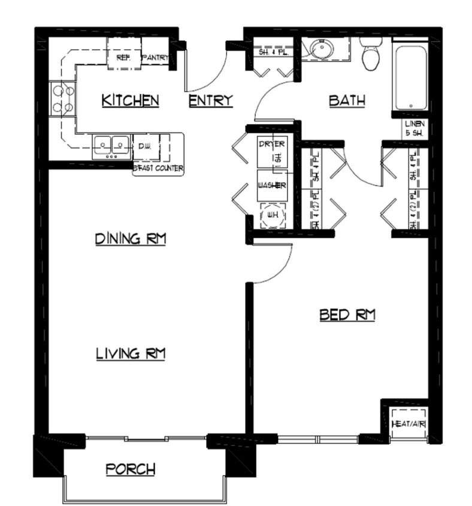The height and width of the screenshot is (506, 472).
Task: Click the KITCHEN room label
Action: pyautogui.click(x=130, y=100)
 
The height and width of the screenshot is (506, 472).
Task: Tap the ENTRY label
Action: pyautogui.click(x=210, y=100)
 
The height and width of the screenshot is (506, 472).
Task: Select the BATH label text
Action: pyautogui.click(x=347, y=101)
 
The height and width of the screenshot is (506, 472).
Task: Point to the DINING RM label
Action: pyautogui.click(x=130, y=239)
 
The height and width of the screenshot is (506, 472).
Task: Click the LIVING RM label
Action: pyautogui.click(x=130, y=354)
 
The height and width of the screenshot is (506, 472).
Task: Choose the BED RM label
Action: pyautogui.click(x=347, y=314)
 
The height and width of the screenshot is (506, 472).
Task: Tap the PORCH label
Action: pyautogui.click(x=131, y=468)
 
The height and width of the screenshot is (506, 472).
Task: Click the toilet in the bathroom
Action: pyautogui.click(x=371, y=55)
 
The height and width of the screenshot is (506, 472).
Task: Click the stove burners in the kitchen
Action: pyautogui.click(x=63, y=99)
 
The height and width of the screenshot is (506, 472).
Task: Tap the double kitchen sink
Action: pyautogui.click(x=112, y=146)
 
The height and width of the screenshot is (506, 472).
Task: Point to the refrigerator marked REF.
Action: pyautogui.click(x=123, y=57)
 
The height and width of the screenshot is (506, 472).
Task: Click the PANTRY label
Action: pyautogui.click(x=155, y=58)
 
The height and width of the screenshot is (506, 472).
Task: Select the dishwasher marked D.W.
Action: pyautogui.click(x=144, y=146)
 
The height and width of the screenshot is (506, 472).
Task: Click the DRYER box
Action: pyautogui.click(x=271, y=152)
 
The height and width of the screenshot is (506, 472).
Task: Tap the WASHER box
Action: pyautogui.click(x=271, y=186)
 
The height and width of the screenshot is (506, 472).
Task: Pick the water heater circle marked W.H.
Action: pyautogui.click(x=273, y=215)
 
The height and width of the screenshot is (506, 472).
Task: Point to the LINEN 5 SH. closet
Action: pyautogui.click(x=413, y=128)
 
